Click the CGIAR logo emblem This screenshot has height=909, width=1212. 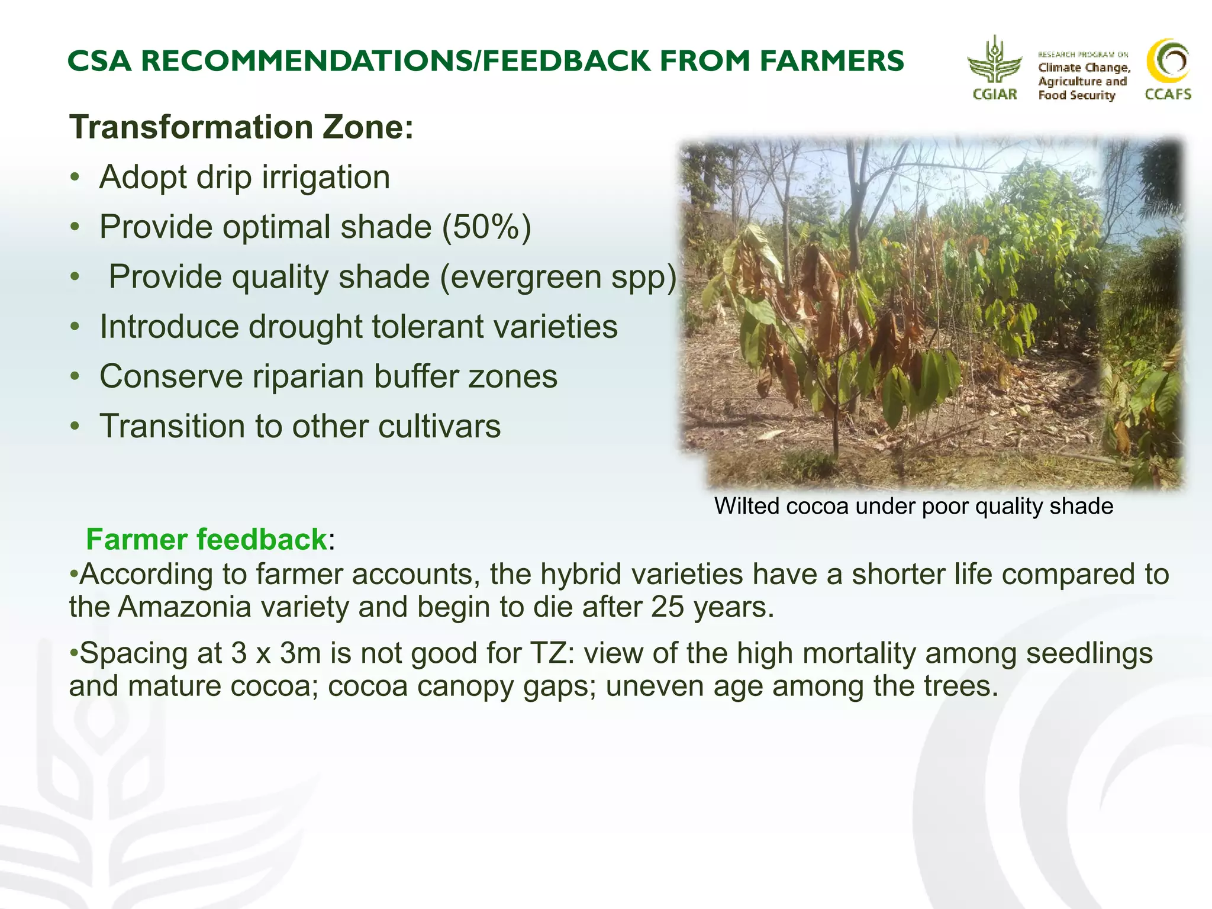tap(994, 62)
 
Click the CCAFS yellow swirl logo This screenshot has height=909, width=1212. tap(1168, 61)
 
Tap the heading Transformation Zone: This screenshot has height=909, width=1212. tap(241, 127)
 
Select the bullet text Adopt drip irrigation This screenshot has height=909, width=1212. tap(244, 177)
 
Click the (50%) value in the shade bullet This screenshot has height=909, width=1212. tap(486, 227)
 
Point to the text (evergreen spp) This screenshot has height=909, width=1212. tap(558, 277)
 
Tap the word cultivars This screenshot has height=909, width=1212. tap(439, 426)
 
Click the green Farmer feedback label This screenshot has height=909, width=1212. tap(206, 539)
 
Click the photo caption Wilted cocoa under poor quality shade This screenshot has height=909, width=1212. tap(913, 506)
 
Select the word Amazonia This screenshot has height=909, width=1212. tap(185, 607)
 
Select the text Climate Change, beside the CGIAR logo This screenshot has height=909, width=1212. tap(1084, 67)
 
